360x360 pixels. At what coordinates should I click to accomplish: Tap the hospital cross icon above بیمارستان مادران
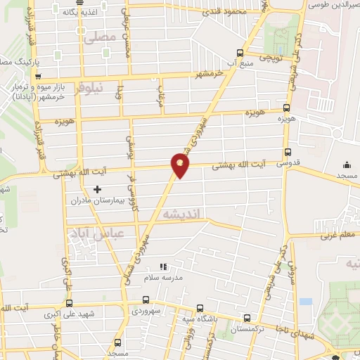click(x=97, y=189)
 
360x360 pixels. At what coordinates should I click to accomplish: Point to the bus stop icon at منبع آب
click(x=240, y=53)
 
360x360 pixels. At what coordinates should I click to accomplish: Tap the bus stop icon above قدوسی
click(x=288, y=152)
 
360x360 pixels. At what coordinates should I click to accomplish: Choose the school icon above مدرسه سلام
click(x=164, y=267)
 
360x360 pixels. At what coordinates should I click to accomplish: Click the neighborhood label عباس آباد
click(x=98, y=233)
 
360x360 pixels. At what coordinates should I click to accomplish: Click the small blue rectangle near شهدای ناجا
click(x=305, y=301)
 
